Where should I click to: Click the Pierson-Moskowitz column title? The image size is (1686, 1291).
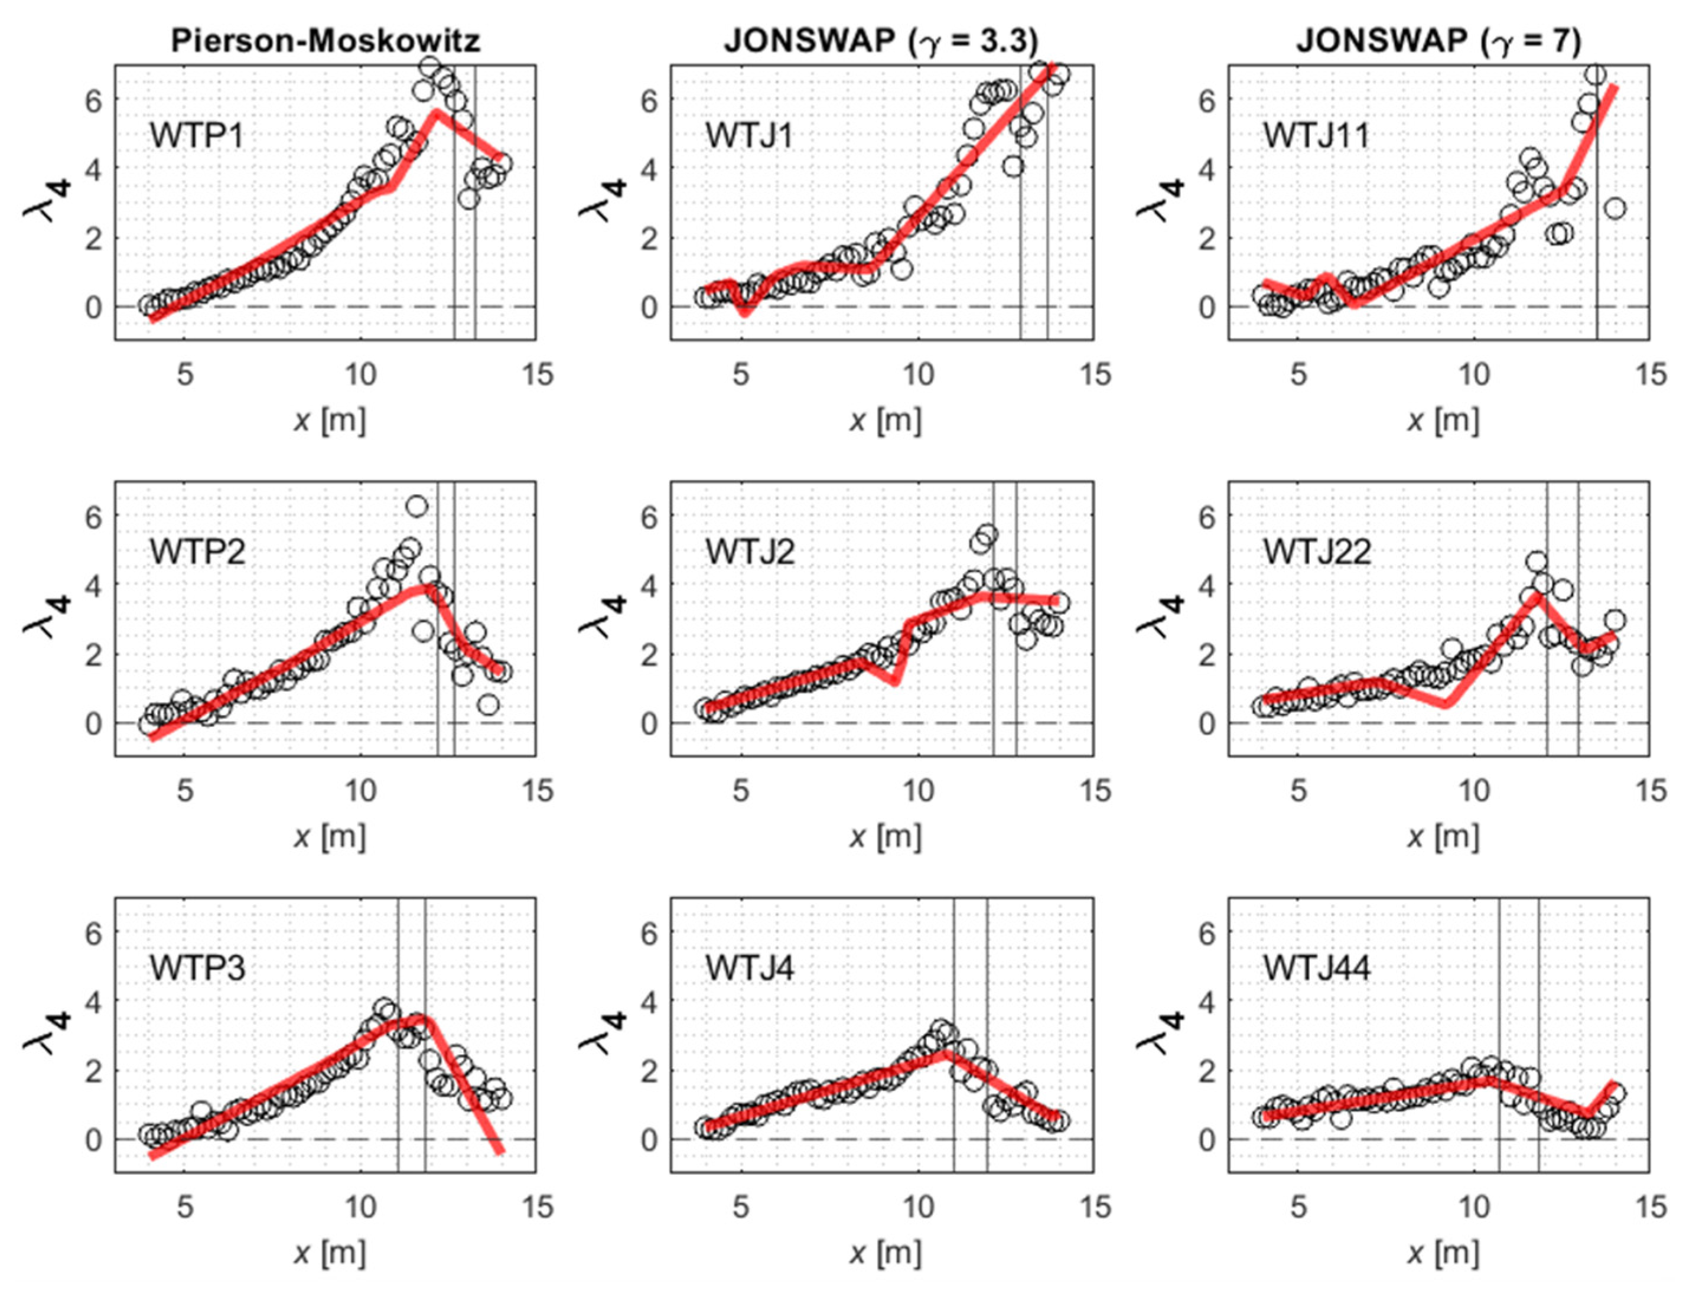pos(326,41)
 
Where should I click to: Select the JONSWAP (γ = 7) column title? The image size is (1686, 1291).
pos(1438,41)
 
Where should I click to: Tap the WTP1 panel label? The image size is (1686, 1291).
pos(197,136)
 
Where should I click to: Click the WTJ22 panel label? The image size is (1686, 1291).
pos(1317,553)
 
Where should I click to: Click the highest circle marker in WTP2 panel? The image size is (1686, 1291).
pos(416,506)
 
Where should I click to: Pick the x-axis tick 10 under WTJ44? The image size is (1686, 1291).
pos(1474,1207)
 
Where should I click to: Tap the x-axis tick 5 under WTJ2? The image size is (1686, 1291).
pos(741,791)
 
